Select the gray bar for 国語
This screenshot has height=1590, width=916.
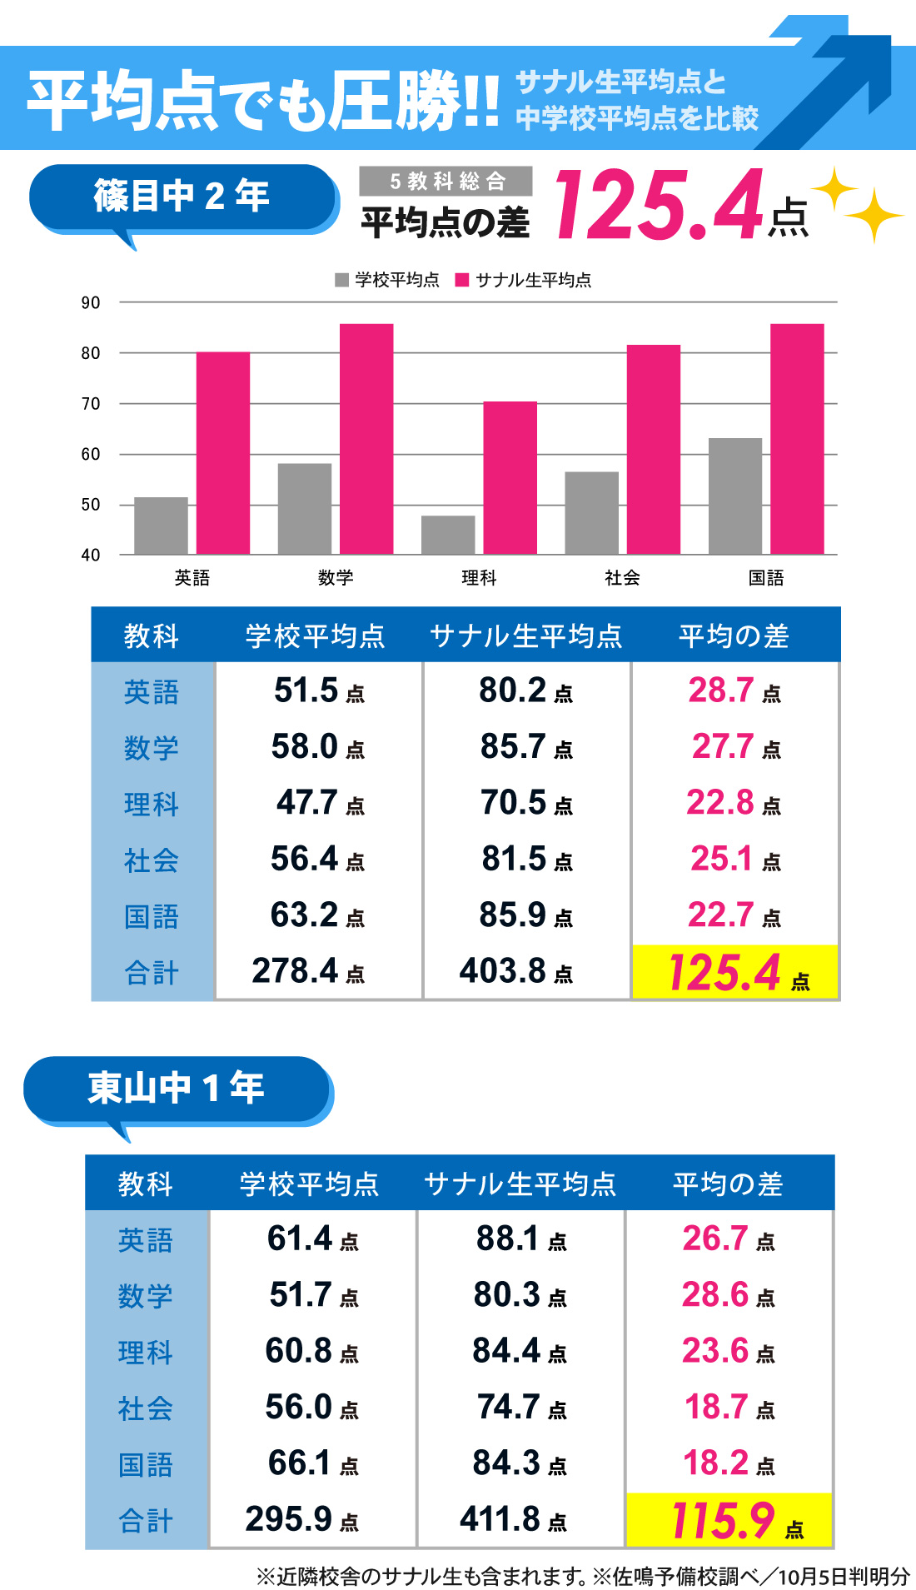coord(734,496)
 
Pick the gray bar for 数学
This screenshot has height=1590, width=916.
coord(304,508)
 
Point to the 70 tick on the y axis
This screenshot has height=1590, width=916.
coord(91,404)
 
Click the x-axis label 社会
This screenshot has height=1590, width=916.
coord(622,577)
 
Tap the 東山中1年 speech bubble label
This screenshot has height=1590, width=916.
coord(177,1088)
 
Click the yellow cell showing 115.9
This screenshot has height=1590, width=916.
coord(729,1521)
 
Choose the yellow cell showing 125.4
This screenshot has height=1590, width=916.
coord(734,972)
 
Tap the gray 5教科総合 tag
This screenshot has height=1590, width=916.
coord(446,181)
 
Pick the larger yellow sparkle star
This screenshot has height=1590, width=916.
coord(874,216)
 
